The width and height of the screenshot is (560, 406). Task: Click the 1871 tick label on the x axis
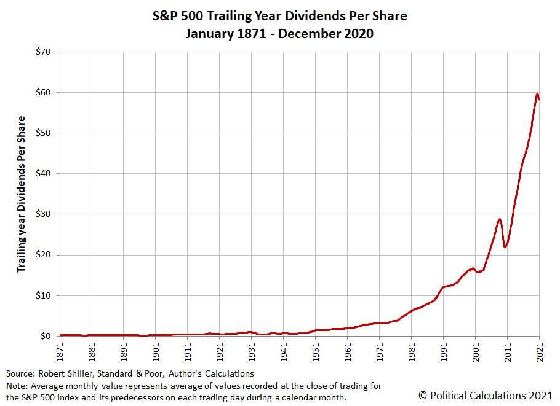pyautogui.click(x=60, y=351)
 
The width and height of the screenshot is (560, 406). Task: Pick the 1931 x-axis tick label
pyautogui.click(x=252, y=351)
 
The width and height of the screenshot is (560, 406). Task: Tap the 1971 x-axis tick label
pyautogui.click(x=380, y=351)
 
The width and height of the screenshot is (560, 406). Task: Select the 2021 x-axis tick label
pyautogui.click(x=540, y=351)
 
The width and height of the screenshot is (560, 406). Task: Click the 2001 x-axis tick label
pyautogui.click(x=476, y=351)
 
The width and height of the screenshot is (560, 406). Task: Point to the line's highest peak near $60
pyautogui.click(x=537, y=94)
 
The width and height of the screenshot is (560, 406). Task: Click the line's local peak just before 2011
pyautogui.click(x=500, y=219)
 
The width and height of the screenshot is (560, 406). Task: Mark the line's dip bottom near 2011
pyautogui.click(x=505, y=247)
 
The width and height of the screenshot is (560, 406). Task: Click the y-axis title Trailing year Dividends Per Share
pyautogui.click(x=22, y=194)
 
